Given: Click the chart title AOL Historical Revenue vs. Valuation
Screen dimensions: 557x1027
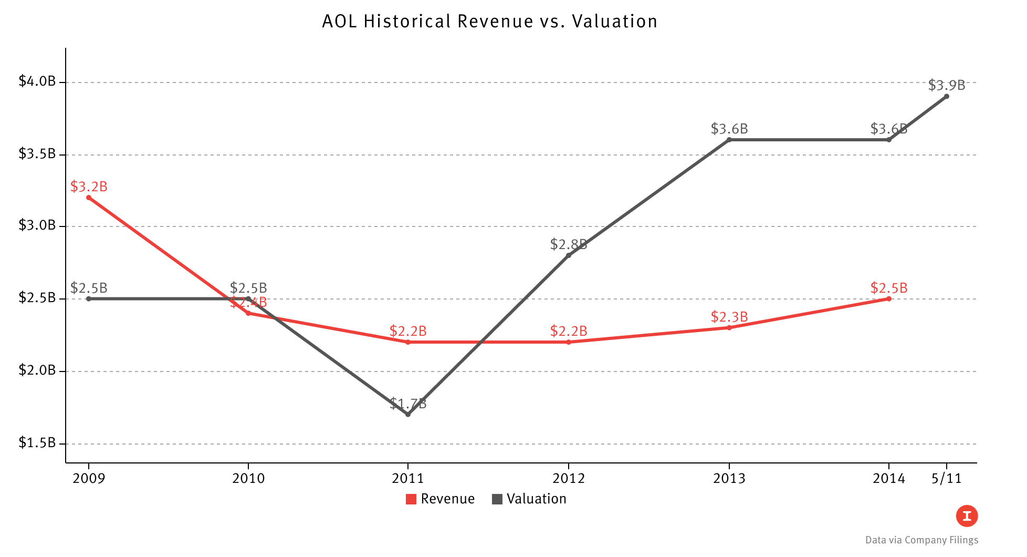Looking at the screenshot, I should (489, 22).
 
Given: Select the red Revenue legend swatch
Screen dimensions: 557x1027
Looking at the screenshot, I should (411, 499).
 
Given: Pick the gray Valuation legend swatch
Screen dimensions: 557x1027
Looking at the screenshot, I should (497, 499).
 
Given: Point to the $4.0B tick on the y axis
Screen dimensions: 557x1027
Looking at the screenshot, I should (37, 81).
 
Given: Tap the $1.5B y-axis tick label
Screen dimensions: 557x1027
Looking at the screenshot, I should (37, 443).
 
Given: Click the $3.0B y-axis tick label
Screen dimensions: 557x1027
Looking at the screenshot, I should (37, 225).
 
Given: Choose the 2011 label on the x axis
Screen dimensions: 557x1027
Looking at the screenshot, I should (408, 478).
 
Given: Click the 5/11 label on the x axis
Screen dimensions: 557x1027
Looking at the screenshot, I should (946, 478).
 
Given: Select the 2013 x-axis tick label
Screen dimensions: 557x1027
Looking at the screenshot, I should (729, 478).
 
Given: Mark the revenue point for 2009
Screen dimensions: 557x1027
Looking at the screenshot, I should (89, 198).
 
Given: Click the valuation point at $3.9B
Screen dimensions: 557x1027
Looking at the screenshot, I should (946, 96).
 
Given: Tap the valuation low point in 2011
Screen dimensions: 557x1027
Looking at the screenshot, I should (408, 415).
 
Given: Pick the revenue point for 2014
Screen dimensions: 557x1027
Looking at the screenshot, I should (888, 298).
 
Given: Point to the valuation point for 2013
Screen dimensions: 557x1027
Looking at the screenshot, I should (729, 140).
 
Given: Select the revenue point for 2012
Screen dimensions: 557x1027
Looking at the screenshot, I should (568, 342).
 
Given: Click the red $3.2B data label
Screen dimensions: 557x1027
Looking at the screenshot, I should (89, 187).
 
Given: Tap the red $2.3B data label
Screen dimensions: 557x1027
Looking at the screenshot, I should (729, 317).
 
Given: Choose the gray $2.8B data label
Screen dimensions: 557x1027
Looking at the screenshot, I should (568, 244).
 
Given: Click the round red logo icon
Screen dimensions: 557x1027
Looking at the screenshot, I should (967, 516).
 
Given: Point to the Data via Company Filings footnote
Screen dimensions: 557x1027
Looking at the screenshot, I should (921, 540).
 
